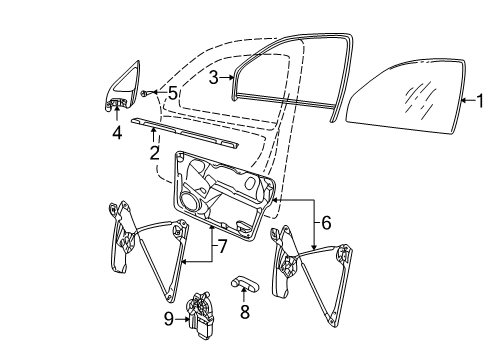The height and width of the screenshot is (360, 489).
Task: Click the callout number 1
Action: tap(480, 101)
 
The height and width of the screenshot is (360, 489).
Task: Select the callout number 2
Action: tap(154, 153)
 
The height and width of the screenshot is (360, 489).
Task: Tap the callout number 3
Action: tap(214, 77)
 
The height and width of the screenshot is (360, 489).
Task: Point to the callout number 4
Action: tap(117, 133)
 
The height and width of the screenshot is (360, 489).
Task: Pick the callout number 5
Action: tap(172, 93)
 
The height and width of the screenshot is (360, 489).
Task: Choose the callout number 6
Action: tap(326, 223)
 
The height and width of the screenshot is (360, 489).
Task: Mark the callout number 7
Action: tap(222, 247)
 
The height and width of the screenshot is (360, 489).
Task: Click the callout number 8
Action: tap(245, 312)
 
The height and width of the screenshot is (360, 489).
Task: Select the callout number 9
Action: tap(169, 319)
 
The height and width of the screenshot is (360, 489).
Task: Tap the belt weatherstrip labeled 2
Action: tap(184, 132)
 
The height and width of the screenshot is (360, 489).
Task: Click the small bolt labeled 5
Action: tap(144, 94)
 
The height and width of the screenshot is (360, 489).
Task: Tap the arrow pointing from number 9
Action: tap(182, 319)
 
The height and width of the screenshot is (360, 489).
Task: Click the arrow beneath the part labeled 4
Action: tap(117, 113)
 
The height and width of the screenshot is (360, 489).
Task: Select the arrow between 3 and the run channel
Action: tap(227, 77)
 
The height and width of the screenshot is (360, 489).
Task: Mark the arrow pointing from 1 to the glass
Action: tap(468, 100)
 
